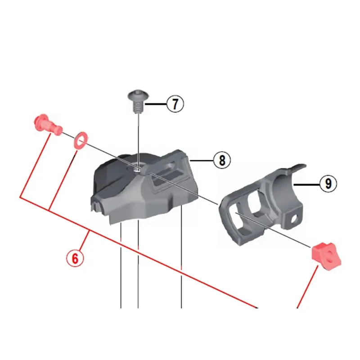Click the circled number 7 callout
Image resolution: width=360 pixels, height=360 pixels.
tap(175, 104)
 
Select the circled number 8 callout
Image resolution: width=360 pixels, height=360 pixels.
tap(222, 160)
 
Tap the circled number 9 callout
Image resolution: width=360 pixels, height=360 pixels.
tap(328, 184)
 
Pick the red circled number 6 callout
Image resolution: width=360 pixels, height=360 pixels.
tap(75, 258)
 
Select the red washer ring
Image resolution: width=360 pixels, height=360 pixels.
tap(81, 140)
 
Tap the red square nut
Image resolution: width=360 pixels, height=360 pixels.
tap(326, 256)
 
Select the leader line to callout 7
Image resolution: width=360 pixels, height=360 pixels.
tap(156, 104)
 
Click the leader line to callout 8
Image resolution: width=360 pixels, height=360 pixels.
tap(201, 161)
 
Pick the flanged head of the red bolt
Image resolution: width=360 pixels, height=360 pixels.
tap(40, 121)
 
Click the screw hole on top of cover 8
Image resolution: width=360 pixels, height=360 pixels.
tap(137, 169)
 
